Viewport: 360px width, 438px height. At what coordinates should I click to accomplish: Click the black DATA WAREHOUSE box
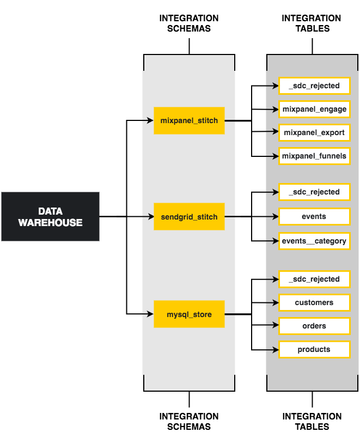pyautogui.click(x=50, y=216)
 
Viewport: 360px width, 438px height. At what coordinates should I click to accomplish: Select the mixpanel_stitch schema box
pyautogui.click(x=189, y=120)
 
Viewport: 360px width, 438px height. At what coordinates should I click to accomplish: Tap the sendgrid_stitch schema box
pyautogui.click(x=189, y=217)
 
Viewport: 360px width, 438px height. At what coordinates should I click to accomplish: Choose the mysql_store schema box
pyautogui.click(x=189, y=314)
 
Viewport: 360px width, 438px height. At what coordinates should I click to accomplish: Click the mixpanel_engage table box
pyautogui.click(x=314, y=109)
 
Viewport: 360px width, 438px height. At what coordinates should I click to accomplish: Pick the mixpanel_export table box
pyautogui.click(x=314, y=132)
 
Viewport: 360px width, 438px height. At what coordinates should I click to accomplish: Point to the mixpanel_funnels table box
pyautogui.click(x=314, y=156)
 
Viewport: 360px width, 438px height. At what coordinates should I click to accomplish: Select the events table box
pyautogui.click(x=314, y=216)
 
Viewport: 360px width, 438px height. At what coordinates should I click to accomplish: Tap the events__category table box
pyautogui.click(x=314, y=240)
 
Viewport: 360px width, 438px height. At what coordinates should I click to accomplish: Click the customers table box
pyautogui.click(x=314, y=302)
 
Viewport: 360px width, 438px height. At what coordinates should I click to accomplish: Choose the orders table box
pyautogui.click(x=314, y=326)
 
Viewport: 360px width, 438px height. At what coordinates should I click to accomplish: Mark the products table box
pyautogui.click(x=314, y=349)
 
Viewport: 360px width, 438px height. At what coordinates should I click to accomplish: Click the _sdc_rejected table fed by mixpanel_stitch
pyautogui.click(x=314, y=86)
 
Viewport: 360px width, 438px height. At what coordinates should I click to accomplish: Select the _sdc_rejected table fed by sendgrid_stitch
pyautogui.click(x=314, y=192)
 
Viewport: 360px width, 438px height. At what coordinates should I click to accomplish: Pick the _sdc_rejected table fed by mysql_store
pyautogui.click(x=314, y=279)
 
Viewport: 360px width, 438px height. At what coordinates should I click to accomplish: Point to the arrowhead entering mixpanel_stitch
pyautogui.click(x=151, y=120)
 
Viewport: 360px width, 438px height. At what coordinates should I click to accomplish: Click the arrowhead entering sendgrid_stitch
pyautogui.click(x=151, y=217)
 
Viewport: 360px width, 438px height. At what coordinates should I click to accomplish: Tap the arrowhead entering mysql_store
pyautogui.click(x=151, y=314)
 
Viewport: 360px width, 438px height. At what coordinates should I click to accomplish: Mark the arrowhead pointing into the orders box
pyautogui.click(x=276, y=326)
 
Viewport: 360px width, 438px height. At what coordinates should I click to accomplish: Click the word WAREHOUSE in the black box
pyautogui.click(x=50, y=222)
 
